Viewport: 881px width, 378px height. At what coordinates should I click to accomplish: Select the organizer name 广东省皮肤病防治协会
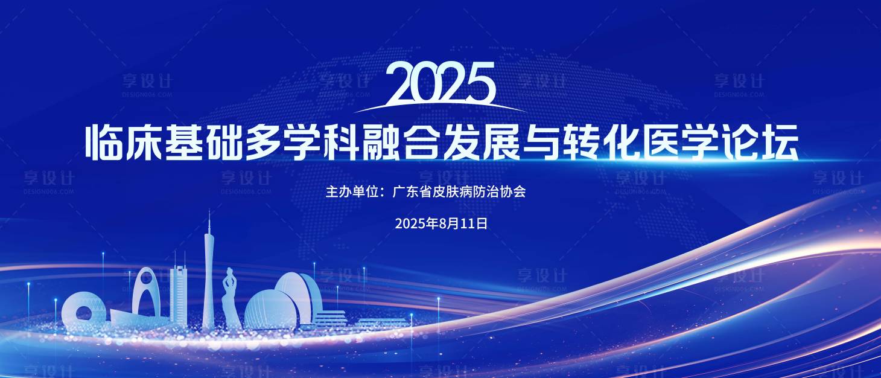459,193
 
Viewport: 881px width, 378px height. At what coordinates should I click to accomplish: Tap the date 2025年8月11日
441,223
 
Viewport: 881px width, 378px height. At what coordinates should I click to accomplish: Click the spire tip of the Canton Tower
209,215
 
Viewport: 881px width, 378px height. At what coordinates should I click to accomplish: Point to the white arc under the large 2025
439,107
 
